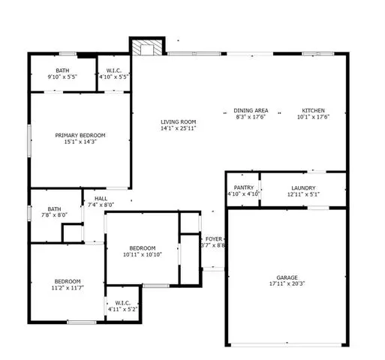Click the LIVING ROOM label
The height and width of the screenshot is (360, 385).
[x=178, y=122]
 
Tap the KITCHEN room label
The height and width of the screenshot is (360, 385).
[x=313, y=110]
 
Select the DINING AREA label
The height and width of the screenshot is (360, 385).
[x=251, y=110]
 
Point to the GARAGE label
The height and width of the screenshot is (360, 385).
[x=287, y=277]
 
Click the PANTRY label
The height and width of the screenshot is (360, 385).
[x=244, y=187]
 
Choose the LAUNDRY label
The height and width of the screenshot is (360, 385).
[x=303, y=188]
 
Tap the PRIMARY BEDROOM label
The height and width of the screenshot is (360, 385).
[x=80, y=136]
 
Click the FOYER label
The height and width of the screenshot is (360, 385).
[x=214, y=239]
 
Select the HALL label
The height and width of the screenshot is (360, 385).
[x=101, y=199]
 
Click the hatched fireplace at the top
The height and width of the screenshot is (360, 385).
[x=147, y=47]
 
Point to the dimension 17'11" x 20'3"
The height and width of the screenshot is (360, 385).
[x=287, y=283]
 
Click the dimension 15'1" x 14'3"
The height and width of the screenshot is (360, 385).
[x=80, y=142]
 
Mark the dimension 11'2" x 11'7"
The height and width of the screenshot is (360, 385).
[x=68, y=288]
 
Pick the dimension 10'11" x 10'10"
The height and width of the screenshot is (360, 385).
[x=143, y=254]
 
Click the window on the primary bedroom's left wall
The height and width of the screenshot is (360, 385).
[x=29, y=141]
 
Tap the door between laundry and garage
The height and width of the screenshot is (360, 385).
[x=318, y=208]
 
